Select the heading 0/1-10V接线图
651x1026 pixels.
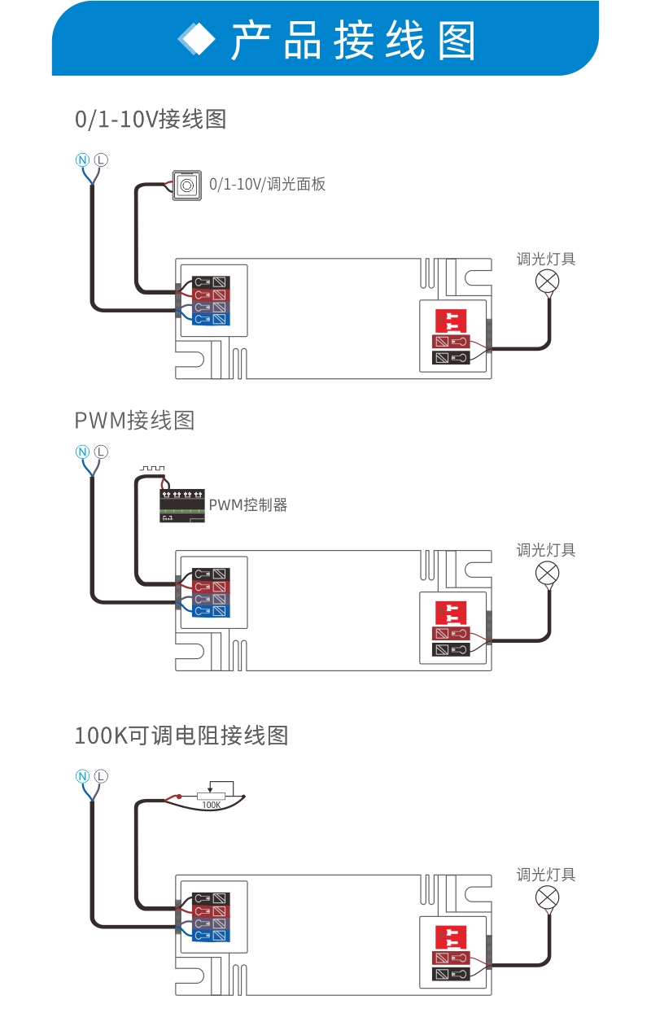pyautogui.click(x=151, y=120)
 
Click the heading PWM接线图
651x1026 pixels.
pyautogui.click(x=134, y=421)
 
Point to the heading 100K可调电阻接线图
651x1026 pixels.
pyautogui.click(x=181, y=736)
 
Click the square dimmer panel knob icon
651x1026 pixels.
pyautogui.click(x=186, y=186)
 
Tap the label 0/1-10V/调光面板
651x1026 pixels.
pyautogui.click(x=268, y=185)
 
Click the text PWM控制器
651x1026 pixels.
pyautogui.click(x=248, y=505)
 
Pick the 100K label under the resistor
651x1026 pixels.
pyautogui.click(x=211, y=805)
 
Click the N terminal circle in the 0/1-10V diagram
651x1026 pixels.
pyautogui.click(x=82, y=159)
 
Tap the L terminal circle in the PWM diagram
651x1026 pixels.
pyautogui.click(x=101, y=452)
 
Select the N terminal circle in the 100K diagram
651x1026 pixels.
pyautogui.click(x=82, y=775)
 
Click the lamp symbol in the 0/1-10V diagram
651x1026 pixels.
pyautogui.click(x=547, y=282)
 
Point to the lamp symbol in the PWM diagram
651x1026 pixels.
pyautogui.click(x=547, y=573)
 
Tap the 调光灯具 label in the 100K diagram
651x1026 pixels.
pyautogui.click(x=546, y=875)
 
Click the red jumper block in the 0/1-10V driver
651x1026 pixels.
pyautogui.click(x=448, y=320)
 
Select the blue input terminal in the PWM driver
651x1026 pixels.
pyautogui.click(x=211, y=611)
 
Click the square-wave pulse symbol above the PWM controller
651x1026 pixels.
pyautogui.click(x=152, y=469)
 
